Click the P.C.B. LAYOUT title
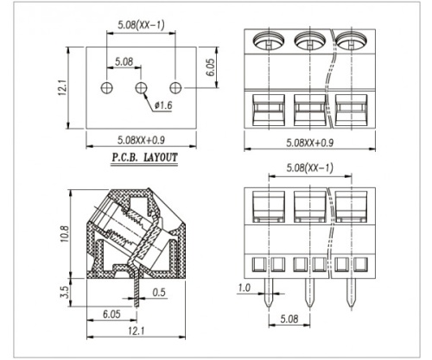tap(144, 158)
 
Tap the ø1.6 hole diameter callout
tap(163, 105)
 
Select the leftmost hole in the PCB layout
tap(107, 87)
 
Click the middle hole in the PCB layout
tap(141, 87)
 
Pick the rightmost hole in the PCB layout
tap(175, 87)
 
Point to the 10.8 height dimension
tap(65, 234)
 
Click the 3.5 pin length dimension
tap(65, 292)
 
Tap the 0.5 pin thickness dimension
tap(159, 292)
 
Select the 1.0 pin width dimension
tap(245, 287)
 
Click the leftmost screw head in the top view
tap(269, 41)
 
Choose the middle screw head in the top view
tap(310, 41)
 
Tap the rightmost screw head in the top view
tap(352, 41)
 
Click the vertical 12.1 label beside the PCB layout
tap(63, 88)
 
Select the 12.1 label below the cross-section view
tap(136, 331)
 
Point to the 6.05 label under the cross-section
tap(111, 313)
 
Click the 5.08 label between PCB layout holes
tap(124, 61)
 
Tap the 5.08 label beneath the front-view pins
tap(289, 319)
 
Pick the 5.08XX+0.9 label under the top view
tap(310, 142)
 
